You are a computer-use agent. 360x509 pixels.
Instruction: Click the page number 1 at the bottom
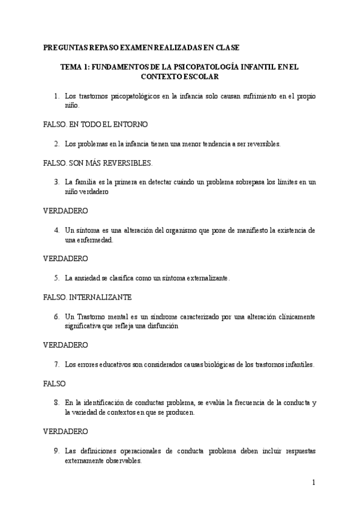click(x=313, y=482)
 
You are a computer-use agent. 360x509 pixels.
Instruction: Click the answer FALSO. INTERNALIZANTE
click(x=88, y=297)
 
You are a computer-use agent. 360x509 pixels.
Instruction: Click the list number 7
click(x=56, y=364)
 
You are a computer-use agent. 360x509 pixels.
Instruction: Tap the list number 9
click(x=56, y=451)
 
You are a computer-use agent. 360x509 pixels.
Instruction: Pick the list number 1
click(x=56, y=95)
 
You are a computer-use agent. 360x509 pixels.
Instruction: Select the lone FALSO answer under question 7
click(x=55, y=384)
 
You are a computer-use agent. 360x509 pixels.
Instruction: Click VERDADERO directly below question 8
click(x=66, y=432)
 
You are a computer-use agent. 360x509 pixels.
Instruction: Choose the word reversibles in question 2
click(x=262, y=143)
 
